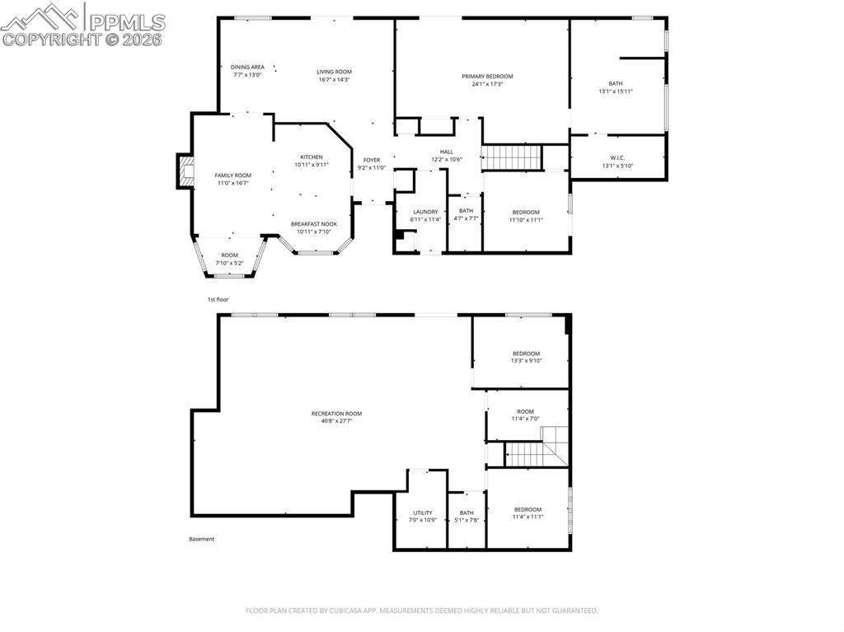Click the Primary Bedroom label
pos(486,76)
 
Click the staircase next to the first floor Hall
pos(511,155)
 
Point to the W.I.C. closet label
pos(617,158)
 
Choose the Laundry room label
pos(425,212)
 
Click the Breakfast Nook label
pos(313,224)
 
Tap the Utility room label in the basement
pos(422,513)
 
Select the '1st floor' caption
pos(218,299)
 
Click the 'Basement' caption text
pos(202,539)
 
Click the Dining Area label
pos(247,68)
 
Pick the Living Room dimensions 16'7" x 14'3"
pos(334,80)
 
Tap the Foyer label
pos(372,160)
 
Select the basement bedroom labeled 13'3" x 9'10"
pos(526,357)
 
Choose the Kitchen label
pos(312,157)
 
